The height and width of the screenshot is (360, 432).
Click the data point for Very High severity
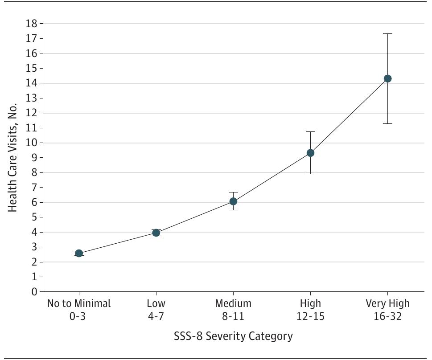click(387, 78)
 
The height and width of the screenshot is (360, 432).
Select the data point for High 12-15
click(310, 153)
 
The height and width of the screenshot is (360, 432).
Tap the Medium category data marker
click(233, 201)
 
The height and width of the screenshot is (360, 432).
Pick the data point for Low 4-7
click(156, 233)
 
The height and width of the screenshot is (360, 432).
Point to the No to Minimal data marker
click(79, 253)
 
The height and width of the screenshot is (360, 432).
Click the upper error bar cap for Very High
click(387, 33)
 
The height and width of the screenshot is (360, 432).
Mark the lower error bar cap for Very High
click(387, 123)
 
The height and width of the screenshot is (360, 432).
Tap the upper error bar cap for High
click(310, 131)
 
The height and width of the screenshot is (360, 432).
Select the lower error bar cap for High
click(310, 174)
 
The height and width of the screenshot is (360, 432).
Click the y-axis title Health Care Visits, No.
click(13, 158)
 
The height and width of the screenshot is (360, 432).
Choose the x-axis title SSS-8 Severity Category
click(233, 336)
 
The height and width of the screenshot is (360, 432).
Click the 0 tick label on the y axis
click(34, 292)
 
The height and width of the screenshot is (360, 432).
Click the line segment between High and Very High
click(349, 116)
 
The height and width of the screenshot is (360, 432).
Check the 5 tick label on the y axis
click(34, 217)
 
